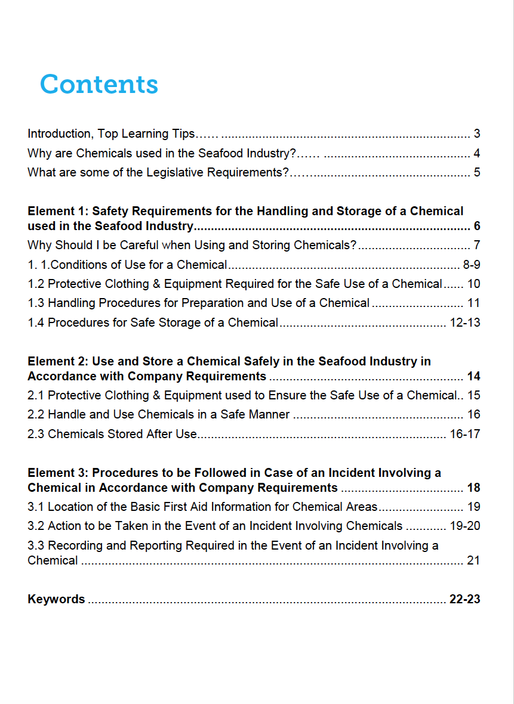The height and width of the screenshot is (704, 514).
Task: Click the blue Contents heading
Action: (x=99, y=84)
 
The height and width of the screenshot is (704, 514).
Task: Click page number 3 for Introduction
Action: (x=477, y=134)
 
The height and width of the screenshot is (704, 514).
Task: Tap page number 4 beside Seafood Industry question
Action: (x=477, y=153)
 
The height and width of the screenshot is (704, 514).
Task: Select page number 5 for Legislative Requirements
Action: (x=477, y=173)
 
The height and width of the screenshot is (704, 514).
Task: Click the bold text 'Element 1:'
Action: (x=58, y=211)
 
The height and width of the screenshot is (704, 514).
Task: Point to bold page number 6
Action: (x=477, y=226)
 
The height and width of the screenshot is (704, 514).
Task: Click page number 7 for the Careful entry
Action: (x=477, y=245)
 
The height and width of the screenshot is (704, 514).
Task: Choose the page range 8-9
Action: (x=472, y=265)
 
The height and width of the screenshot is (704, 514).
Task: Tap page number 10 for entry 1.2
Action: (x=474, y=284)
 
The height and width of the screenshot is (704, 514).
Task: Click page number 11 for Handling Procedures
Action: (x=474, y=303)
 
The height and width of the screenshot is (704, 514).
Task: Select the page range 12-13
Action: (x=465, y=322)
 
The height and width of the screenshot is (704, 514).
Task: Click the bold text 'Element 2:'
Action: (x=58, y=361)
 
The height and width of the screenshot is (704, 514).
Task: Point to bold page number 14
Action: (x=474, y=376)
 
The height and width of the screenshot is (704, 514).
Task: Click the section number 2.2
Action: (x=36, y=414)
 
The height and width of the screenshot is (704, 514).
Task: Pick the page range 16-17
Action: (x=465, y=434)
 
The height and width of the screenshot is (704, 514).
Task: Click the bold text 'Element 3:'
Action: (x=58, y=473)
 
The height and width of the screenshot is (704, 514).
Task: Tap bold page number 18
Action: (x=474, y=488)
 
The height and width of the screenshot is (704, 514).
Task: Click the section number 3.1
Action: (x=36, y=507)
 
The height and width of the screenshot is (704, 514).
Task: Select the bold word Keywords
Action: (x=56, y=599)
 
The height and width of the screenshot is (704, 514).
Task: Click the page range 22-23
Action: (x=465, y=599)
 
